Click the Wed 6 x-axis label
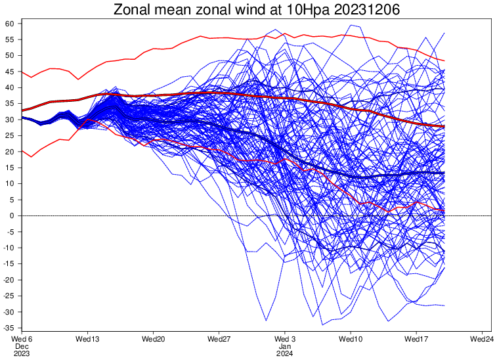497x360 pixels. coord(22,339)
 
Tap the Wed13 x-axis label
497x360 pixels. coord(87,339)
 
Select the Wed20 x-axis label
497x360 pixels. coord(153,339)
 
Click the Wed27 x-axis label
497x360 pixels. coord(219,339)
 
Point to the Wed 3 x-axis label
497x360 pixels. coord(285,339)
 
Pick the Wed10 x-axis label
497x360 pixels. coord(351,339)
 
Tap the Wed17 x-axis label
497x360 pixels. coord(417,339)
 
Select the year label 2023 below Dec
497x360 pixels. coord(22,354)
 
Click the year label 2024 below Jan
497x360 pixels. coord(285,354)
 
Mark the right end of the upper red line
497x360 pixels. coord(444,60)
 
